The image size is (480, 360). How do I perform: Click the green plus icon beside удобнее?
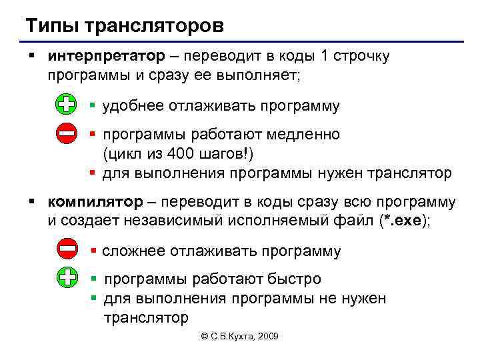point(66,105)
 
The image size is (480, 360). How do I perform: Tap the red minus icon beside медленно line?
point(66,134)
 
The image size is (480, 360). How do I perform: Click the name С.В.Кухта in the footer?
point(229,337)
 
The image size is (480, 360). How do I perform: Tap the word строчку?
point(357,56)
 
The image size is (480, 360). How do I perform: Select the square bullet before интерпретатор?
point(32,55)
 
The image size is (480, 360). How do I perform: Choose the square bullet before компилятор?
point(32,201)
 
